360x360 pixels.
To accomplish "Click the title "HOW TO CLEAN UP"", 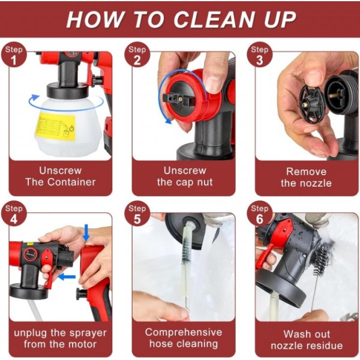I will click(181, 19).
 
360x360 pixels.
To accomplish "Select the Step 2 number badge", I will click(137, 55).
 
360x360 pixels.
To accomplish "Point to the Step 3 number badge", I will click(259, 55).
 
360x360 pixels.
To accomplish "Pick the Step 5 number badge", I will click(137, 215).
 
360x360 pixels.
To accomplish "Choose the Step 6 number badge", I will click(259, 215).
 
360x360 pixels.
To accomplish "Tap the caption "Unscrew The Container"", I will click(60, 176).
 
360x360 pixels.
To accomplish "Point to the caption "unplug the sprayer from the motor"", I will click(60, 338).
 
